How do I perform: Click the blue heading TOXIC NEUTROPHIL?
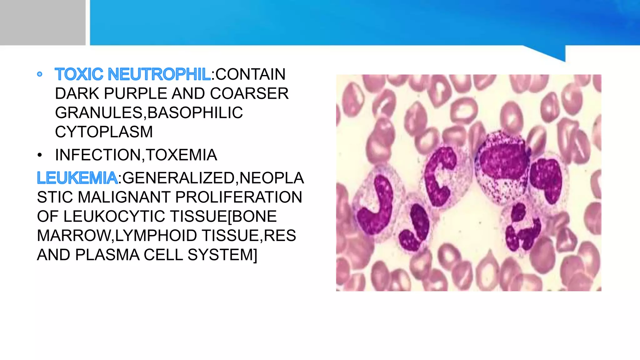(x=132, y=74)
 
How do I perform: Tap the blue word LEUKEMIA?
(x=77, y=178)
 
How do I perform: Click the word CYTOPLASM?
(x=104, y=132)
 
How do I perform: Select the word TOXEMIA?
(x=181, y=155)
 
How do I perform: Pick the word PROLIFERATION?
(x=238, y=197)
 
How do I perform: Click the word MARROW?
(x=73, y=236)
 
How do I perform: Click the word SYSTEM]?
(x=222, y=255)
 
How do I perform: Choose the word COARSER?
(x=249, y=94)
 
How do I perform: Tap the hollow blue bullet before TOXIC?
(x=40, y=74)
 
